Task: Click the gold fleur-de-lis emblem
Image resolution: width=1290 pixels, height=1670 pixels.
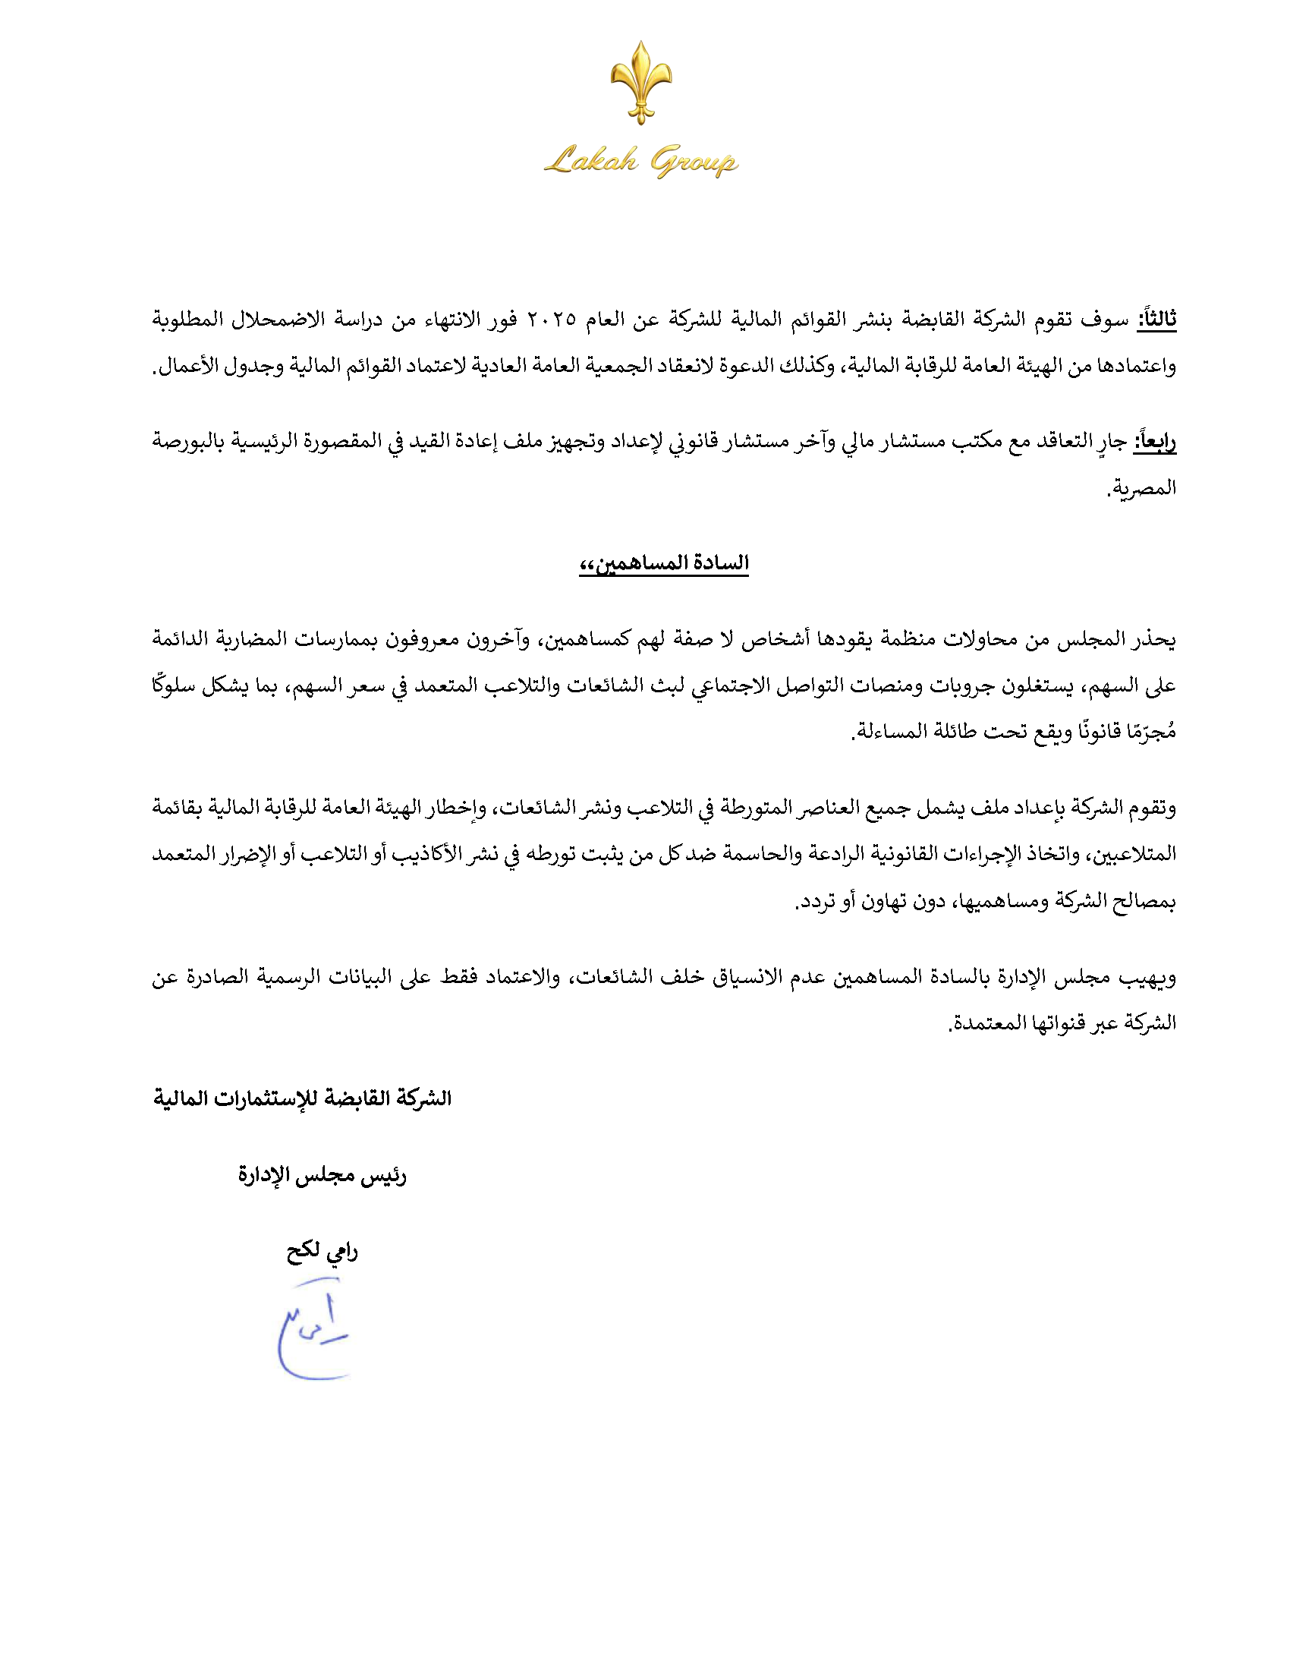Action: [x=641, y=82]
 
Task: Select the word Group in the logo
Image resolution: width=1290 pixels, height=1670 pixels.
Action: [x=693, y=162]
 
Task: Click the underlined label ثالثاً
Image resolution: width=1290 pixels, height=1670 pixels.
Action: [x=1156, y=319]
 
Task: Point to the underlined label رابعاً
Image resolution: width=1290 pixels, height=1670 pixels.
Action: [x=1154, y=441]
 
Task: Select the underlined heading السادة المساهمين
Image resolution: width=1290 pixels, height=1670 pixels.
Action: [x=663, y=563]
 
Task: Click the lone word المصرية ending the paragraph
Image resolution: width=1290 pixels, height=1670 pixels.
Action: [x=1143, y=488]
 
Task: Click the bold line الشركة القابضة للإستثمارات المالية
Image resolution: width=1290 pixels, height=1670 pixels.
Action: [x=303, y=1099]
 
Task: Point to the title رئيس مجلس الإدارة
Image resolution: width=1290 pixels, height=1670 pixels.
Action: [x=322, y=1175]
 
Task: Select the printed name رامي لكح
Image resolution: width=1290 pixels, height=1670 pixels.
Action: [x=322, y=1252]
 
